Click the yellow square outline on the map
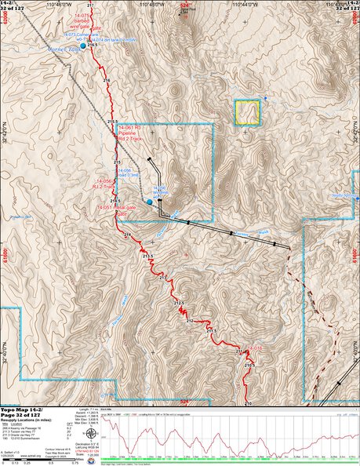(x=247, y=112)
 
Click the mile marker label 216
(x=107, y=81)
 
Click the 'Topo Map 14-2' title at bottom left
(x=21, y=410)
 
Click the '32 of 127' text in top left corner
(x=11, y=9)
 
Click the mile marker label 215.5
(x=112, y=122)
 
